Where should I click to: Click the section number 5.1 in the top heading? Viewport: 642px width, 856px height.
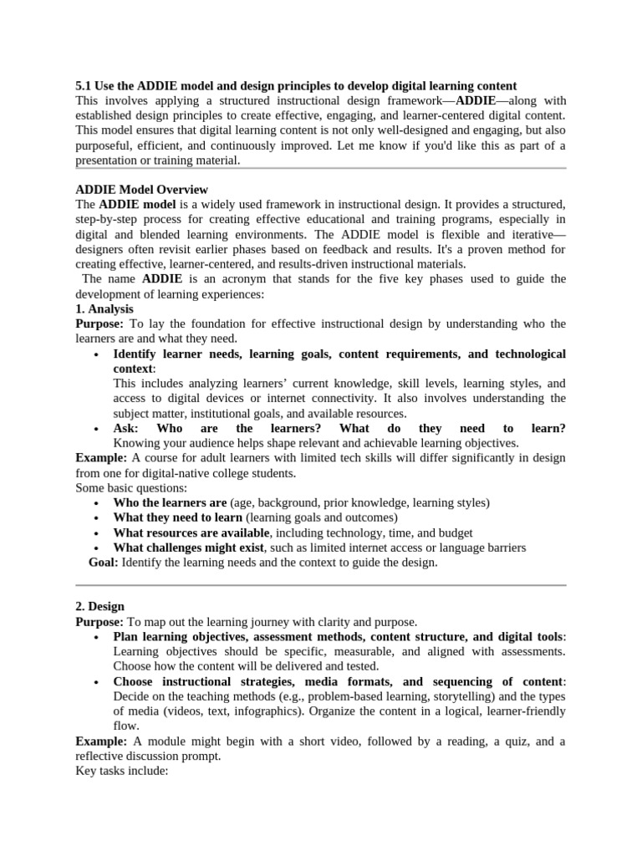[x=84, y=86]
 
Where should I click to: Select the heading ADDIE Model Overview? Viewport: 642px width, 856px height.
[x=141, y=190]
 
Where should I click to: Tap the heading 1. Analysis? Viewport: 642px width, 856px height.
[x=104, y=309]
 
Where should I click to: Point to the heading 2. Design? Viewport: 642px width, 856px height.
[x=99, y=606]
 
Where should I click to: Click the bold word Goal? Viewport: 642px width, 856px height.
[x=104, y=563]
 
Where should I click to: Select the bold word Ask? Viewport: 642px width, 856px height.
[x=125, y=428]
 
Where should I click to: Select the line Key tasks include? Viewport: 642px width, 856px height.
[x=122, y=772]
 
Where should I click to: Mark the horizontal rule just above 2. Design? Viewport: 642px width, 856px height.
[x=321, y=585]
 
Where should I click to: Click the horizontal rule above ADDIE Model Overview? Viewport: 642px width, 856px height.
[x=321, y=168]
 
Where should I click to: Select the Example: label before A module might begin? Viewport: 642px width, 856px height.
[x=100, y=741]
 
